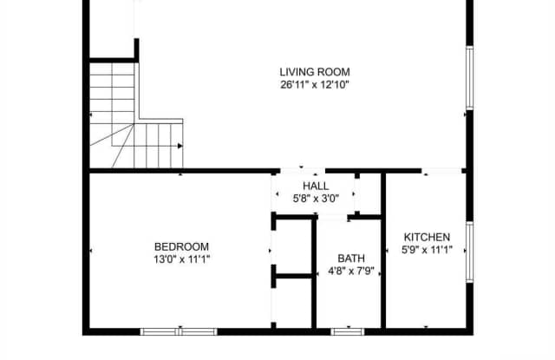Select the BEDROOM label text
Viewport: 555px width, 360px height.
pos(181,245)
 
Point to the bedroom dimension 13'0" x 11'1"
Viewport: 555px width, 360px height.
pos(181,258)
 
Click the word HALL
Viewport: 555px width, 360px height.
pos(316,187)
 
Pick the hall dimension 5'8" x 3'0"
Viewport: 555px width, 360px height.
pos(316,199)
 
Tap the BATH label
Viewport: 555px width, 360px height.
pos(351,258)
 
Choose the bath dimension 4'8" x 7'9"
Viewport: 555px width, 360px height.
pos(351,270)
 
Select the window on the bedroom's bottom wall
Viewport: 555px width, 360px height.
pos(179,331)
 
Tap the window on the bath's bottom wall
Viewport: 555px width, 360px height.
pos(347,331)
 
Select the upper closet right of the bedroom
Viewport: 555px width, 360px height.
pos(292,247)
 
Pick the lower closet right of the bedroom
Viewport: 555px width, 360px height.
pos(292,303)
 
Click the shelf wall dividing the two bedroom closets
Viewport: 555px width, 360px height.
pos(292,278)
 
